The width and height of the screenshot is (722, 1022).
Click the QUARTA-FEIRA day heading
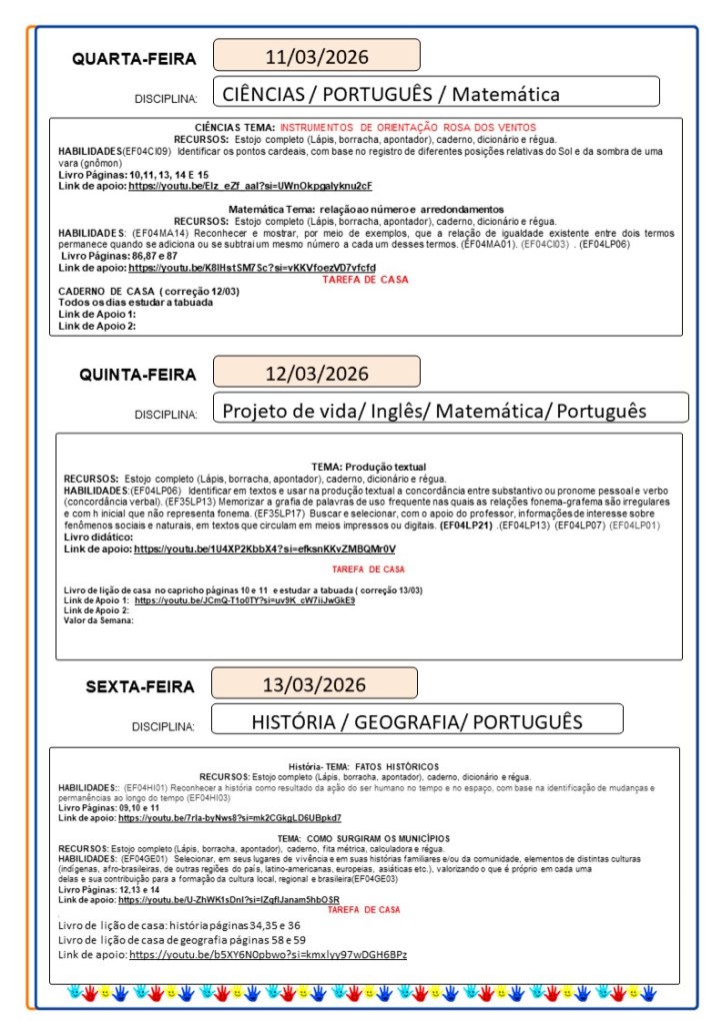(134, 59)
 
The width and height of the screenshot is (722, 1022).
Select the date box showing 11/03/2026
(316, 55)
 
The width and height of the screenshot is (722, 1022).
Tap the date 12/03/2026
(316, 374)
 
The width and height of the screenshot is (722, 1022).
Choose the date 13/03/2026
(314, 684)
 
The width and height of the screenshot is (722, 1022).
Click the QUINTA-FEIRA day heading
(138, 376)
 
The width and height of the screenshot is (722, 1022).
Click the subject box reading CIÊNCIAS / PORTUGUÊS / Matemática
(436, 95)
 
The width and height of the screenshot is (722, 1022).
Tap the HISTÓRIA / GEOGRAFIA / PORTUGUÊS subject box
(416, 720)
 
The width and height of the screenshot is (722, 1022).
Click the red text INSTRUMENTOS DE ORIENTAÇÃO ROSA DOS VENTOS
(408, 128)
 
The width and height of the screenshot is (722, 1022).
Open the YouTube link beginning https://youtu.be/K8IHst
(252, 268)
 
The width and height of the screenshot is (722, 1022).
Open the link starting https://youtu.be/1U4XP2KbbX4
(264, 548)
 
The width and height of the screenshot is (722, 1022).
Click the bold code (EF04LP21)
(467, 523)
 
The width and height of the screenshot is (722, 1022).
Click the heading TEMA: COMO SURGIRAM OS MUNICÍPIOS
(363, 837)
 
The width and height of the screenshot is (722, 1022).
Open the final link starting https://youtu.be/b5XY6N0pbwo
(268, 954)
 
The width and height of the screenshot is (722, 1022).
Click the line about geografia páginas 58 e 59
(182, 939)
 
